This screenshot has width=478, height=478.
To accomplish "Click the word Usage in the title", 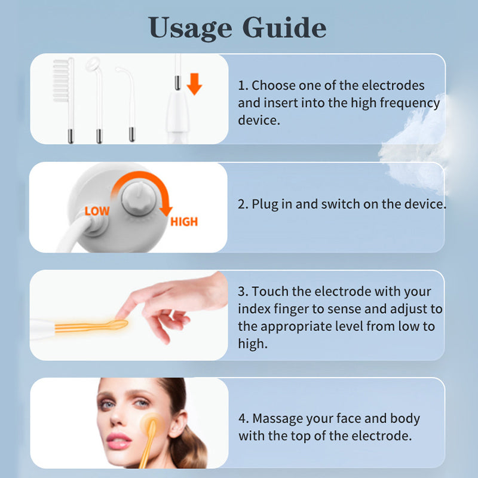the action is coord(190,28).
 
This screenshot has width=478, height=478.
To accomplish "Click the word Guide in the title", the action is coord(284,27).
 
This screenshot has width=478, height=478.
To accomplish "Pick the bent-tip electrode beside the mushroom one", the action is coord(128,103).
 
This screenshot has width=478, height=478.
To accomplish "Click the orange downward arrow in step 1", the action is coord(194,84).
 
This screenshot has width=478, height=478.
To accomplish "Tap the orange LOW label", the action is coord(97,211).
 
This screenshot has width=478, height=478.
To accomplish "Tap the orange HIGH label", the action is coord(184,222).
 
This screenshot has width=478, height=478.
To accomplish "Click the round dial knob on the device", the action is coord(139,198).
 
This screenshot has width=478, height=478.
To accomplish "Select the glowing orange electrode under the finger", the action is coord(91,326).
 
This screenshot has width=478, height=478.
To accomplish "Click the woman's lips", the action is coord(118,441).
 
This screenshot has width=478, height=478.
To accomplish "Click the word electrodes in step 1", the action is coord(393,85).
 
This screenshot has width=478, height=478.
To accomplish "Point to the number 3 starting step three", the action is coord(242,292).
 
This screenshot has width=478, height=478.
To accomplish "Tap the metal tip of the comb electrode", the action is coord(71,136).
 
